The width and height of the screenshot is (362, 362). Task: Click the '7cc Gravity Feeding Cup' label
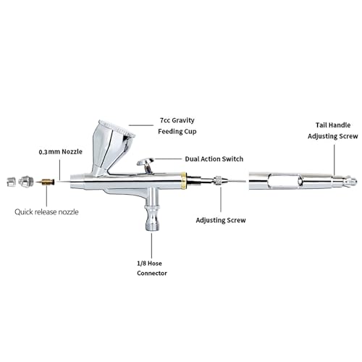(x=177, y=126)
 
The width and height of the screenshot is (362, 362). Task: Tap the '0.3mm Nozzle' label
(x=61, y=152)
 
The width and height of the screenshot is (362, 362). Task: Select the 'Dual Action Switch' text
(x=214, y=159)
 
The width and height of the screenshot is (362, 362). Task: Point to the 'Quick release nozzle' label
(x=46, y=212)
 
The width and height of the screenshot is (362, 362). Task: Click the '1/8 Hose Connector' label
(x=152, y=268)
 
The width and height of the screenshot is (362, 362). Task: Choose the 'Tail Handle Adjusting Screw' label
(x=333, y=130)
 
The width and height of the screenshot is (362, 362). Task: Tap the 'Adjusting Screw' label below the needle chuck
(x=221, y=220)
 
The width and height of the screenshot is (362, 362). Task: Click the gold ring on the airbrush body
(x=183, y=181)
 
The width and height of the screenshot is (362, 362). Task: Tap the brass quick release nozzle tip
(x=45, y=182)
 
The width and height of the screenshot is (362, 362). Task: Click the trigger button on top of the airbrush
(x=146, y=162)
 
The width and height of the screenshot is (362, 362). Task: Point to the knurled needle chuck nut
(x=218, y=180)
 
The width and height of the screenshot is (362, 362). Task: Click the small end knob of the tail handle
(x=351, y=180)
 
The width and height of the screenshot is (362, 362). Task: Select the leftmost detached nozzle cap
(x=11, y=182)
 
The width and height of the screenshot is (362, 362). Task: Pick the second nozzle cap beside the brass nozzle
(x=26, y=182)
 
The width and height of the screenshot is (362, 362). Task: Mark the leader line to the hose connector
(x=151, y=245)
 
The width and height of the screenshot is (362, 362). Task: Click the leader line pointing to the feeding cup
(x=141, y=125)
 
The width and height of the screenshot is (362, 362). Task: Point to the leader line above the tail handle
(x=334, y=160)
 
